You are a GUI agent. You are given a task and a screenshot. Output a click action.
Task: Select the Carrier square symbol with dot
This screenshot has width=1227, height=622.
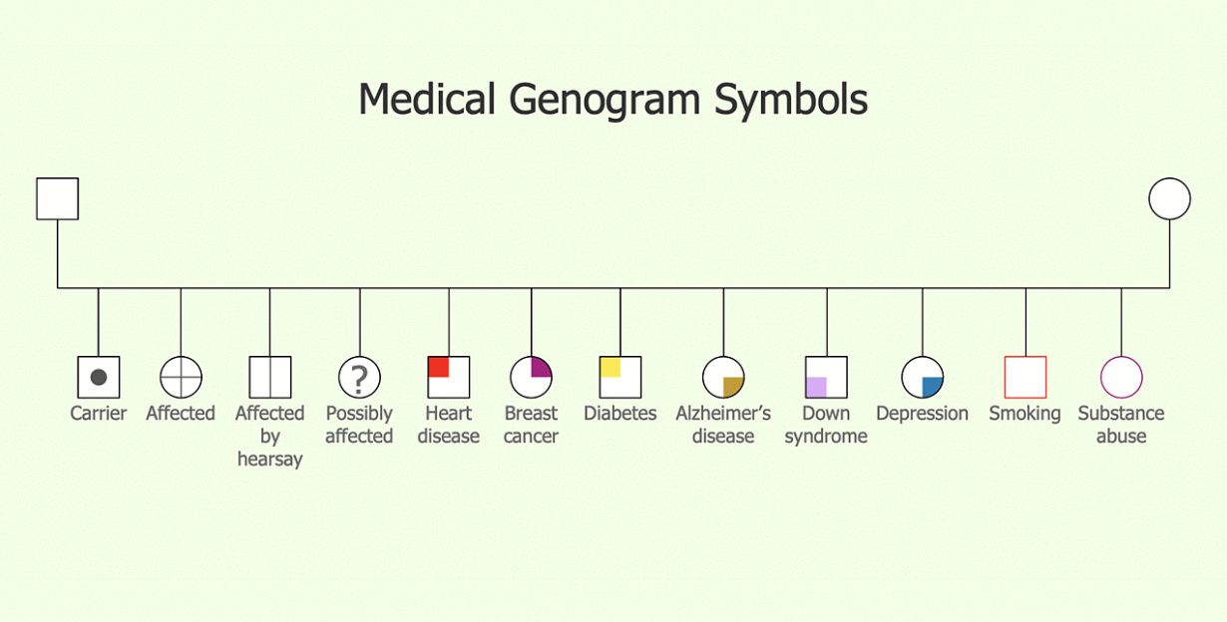[x=99, y=377]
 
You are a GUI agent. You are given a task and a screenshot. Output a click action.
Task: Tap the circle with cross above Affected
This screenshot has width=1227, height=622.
[x=181, y=377]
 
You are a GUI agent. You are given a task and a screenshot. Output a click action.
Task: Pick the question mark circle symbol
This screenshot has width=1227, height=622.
[x=360, y=377]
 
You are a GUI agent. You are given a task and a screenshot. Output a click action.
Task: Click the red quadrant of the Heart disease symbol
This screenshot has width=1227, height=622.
[x=438, y=367]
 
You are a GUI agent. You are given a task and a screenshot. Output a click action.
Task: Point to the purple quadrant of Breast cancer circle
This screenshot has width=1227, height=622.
[x=541, y=368]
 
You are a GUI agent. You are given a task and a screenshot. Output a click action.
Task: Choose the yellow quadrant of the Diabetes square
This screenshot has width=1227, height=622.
[x=611, y=367]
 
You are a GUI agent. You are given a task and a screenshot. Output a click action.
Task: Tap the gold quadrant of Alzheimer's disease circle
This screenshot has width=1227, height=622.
[x=733, y=387]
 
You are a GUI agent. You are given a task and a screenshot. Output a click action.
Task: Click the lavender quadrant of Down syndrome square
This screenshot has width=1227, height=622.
[x=816, y=387]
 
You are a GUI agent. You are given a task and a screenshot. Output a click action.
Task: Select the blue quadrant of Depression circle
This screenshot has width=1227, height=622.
[x=932, y=387]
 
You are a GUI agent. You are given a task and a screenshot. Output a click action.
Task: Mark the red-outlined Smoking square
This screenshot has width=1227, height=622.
[x=1025, y=377]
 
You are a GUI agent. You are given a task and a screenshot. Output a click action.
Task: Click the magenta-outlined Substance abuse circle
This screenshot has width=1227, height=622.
[x=1121, y=377]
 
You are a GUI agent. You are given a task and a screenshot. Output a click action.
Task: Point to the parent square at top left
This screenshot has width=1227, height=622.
[x=57, y=198]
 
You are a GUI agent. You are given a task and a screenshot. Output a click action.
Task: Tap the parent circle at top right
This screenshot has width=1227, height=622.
[x=1169, y=198]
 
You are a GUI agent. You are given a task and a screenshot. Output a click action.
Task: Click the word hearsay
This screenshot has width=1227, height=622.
[x=269, y=460]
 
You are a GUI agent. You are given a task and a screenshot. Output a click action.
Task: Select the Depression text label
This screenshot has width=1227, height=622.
[x=922, y=413]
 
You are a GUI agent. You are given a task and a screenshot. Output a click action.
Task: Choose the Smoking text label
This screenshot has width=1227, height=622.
[x=1024, y=413]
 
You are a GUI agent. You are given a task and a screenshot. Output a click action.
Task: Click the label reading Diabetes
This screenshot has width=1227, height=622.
[x=619, y=413]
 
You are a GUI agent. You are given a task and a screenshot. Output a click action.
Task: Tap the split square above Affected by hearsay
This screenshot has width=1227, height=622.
[x=270, y=377]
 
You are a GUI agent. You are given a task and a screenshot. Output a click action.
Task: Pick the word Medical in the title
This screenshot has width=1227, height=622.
[x=427, y=101]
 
